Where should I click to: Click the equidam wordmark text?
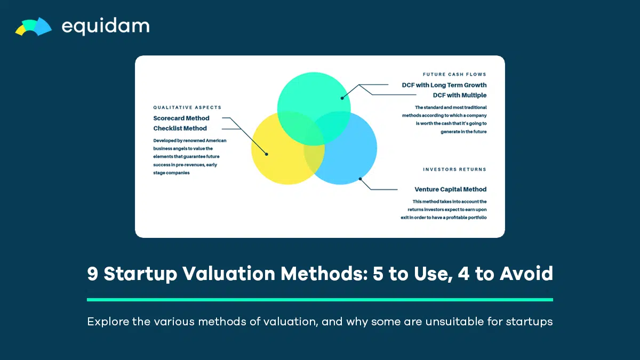[106, 26]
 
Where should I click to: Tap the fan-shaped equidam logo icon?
[34, 27]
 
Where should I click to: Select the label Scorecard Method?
[181, 118]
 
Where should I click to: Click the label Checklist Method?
[180, 129]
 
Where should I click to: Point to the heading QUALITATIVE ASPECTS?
[187, 107]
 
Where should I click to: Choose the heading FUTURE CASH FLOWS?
[454, 74]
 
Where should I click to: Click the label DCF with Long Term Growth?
[444, 85]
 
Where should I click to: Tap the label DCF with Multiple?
[459, 95]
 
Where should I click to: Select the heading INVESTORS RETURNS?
[454, 170]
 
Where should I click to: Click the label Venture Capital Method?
[450, 189]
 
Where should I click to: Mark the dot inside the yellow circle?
[266, 154]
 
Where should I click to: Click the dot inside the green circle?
[342, 98]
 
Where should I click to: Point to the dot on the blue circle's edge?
[361, 179]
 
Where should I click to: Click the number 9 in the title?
[93, 274]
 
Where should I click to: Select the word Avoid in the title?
[526, 274]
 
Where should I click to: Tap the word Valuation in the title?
[229, 274]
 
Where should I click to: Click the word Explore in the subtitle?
[108, 322]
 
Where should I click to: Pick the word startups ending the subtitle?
[529, 322]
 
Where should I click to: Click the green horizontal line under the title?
[320, 300]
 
